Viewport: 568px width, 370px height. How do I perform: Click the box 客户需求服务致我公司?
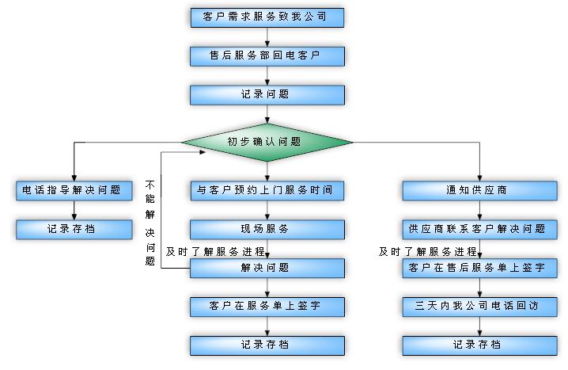tap(267, 17)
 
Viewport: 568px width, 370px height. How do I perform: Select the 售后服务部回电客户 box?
tap(267, 56)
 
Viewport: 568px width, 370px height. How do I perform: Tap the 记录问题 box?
tap(267, 95)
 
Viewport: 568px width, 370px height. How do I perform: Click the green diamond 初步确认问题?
tap(267, 143)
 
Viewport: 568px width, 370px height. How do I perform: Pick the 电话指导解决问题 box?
tap(74, 190)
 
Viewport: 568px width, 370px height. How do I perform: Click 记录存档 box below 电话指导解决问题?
tap(74, 229)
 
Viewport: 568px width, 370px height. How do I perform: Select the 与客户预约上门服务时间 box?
tap(267, 190)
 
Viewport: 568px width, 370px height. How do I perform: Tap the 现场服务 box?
tap(267, 229)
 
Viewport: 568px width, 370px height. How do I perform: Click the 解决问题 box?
tap(267, 268)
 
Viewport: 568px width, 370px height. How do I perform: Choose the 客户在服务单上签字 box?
tap(267, 306)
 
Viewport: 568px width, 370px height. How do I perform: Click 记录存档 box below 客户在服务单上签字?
tap(267, 345)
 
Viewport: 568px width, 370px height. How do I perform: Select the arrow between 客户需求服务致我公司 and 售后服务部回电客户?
tap(267, 37)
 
